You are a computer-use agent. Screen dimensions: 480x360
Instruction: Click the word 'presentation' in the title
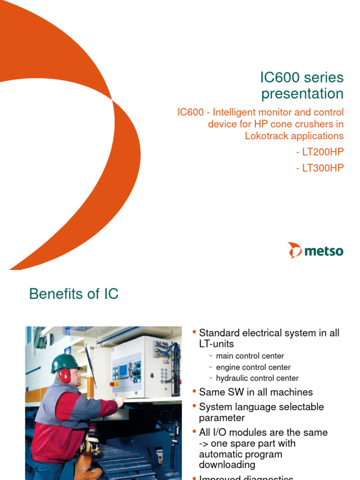302,94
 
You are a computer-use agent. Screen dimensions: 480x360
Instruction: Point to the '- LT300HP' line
320,168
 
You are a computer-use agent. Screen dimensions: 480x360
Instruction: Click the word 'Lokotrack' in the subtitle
267,136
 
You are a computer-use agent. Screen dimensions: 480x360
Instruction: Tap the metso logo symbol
295,250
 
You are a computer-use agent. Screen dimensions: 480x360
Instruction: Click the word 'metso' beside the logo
324,251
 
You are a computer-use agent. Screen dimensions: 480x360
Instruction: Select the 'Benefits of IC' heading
74,294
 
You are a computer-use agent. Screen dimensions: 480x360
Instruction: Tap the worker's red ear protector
65,375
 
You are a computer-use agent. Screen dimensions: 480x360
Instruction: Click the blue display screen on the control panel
123,371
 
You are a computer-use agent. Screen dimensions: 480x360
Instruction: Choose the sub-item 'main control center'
250,356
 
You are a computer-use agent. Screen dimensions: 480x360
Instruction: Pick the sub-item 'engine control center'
253,367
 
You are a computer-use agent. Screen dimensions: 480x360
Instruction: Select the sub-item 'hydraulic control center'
257,378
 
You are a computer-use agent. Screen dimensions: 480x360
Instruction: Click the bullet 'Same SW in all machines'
255,392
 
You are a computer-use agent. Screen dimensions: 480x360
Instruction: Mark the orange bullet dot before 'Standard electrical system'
194,332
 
